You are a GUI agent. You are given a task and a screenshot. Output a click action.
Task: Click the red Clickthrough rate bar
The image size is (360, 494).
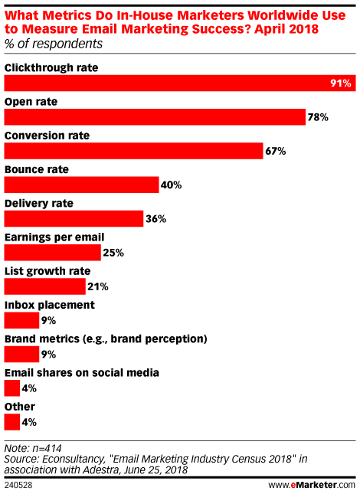[180, 83]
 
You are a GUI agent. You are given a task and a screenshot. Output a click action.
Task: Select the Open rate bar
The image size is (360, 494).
[155, 117]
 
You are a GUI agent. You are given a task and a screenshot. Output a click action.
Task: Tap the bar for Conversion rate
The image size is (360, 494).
[133, 151]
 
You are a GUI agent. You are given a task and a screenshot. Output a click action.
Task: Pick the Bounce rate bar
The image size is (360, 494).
[81, 185]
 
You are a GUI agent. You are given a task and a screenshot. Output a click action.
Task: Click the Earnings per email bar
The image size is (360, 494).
[53, 252]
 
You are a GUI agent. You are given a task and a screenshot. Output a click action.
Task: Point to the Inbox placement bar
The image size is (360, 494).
[21, 320]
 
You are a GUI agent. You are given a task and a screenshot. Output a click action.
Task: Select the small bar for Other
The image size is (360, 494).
[12, 422]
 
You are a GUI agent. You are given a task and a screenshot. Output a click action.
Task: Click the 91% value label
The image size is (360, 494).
[341, 83]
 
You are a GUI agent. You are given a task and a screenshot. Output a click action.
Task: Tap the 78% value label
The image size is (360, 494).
[318, 117]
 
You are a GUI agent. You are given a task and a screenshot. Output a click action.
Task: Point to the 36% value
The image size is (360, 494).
[155, 218]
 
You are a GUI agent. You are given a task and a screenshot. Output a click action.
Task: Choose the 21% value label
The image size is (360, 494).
[97, 286]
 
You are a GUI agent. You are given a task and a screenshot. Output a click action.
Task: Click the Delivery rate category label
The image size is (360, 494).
[39, 203]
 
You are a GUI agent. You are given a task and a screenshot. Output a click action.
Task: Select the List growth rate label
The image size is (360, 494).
[47, 271]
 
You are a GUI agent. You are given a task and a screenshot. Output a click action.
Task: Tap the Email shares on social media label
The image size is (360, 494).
[82, 373]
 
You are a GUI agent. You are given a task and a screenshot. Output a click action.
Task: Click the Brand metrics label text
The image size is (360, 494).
[106, 339]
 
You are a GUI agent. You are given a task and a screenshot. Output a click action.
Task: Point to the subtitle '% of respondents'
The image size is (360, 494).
[54, 44]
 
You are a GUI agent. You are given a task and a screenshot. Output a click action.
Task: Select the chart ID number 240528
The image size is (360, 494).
[18, 485]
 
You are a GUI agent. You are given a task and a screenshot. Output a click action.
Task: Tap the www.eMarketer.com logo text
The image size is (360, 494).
[312, 485]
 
